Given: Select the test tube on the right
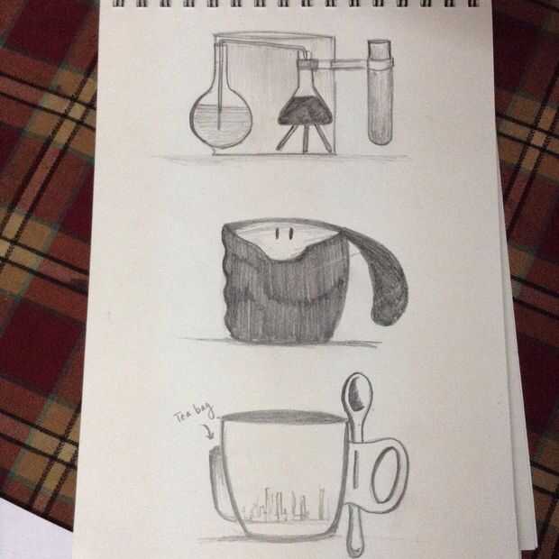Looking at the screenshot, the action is [380, 93].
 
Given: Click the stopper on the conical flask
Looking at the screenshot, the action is [307, 64].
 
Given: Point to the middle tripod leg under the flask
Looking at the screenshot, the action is [306, 139].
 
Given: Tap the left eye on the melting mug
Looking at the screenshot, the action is [277, 234].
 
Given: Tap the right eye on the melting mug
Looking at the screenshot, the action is [291, 234].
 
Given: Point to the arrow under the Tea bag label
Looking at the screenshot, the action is [208, 431].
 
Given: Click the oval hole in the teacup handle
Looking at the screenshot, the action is [385, 475].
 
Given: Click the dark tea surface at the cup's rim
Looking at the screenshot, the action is [282, 417].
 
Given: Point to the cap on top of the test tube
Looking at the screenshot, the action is [380, 46].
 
